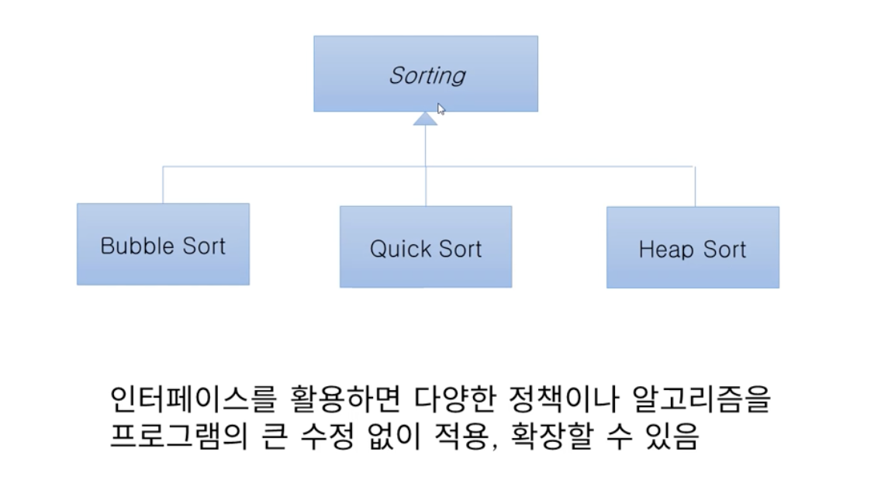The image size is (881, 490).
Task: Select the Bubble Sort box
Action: pyautogui.click(x=163, y=244)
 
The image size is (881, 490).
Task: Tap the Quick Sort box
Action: pyautogui.click(x=425, y=247)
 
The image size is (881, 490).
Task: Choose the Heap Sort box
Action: pyautogui.click(x=693, y=247)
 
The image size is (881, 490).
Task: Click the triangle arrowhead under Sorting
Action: pyautogui.click(x=425, y=119)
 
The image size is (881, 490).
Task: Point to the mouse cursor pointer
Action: pyautogui.click(x=440, y=109)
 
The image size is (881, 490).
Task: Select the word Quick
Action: pyautogui.click(x=399, y=249)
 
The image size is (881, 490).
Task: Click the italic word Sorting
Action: pyautogui.click(x=427, y=75)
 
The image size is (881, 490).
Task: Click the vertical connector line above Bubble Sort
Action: pyautogui.click(x=163, y=185)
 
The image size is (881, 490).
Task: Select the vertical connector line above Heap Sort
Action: pyautogui.click(x=695, y=186)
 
